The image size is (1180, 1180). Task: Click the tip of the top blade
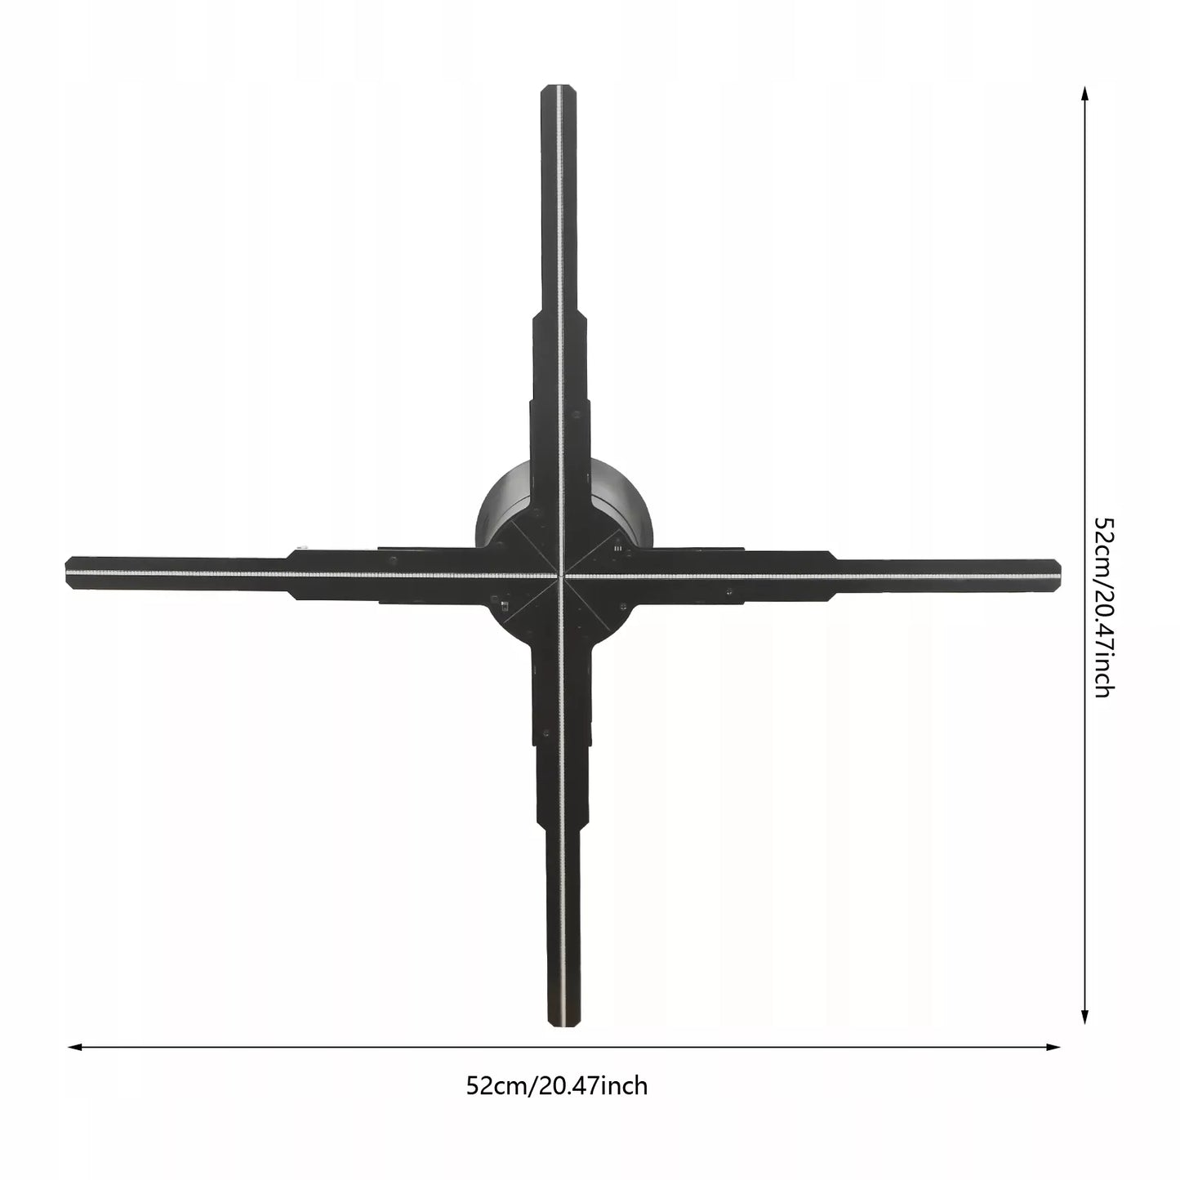[559, 86]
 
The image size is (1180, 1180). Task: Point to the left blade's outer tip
[66, 573]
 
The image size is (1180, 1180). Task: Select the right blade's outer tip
[1061, 573]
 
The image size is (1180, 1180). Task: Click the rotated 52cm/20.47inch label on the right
[1103, 608]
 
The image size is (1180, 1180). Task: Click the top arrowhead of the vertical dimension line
[1084, 93]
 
